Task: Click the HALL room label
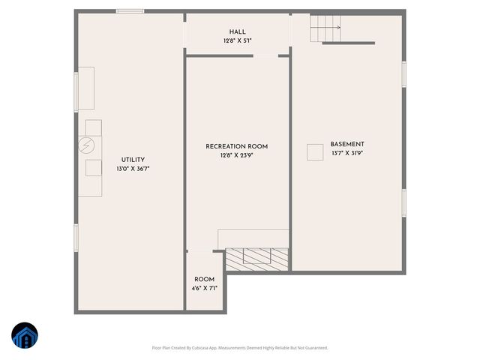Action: (x=237, y=31)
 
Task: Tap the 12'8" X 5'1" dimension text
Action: (x=237, y=41)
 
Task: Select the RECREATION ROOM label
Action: (x=237, y=146)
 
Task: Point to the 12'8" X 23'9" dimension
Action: (x=237, y=156)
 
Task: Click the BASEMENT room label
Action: (x=347, y=144)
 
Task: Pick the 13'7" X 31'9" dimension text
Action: (x=347, y=154)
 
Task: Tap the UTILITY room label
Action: (x=133, y=160)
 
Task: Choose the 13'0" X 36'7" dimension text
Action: (x=133, y=169)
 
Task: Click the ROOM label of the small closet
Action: (x=205, y=279)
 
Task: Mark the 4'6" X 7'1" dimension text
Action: (x=205, y=289)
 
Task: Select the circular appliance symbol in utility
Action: (x=87, y=145)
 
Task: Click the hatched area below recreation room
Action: (x=257, y=259)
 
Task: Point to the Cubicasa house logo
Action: (x=25, y=337)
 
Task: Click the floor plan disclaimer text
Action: (x=240, y=348)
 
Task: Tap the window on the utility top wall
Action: (x=130, y=11)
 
